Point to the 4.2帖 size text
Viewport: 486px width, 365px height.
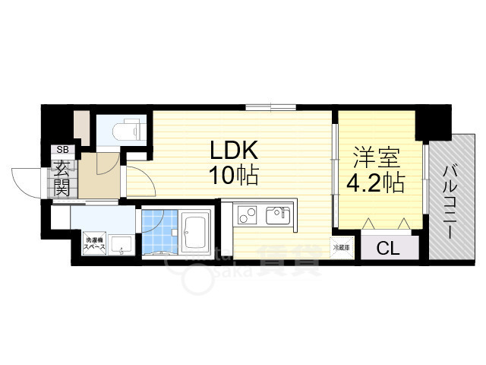click(x=376, y=183)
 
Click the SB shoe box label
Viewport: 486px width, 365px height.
click(x=59, y=150)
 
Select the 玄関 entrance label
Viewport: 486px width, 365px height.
click(x=61, y=178)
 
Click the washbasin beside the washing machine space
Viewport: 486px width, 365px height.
click(x=120, y=245)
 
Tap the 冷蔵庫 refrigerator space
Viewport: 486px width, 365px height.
click(x=339, y=247)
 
